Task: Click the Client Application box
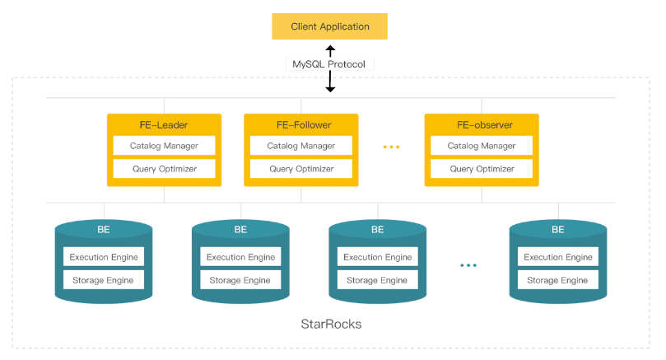[329, 26]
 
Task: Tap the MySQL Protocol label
[330, 64]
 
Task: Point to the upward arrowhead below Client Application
[330, 49]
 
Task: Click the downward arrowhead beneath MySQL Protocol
[330, 88]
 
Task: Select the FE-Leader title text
[163, 125]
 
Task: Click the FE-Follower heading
[300, 125]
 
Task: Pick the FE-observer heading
[481, 125]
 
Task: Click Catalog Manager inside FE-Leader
[163, 146]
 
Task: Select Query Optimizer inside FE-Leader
[163, 169]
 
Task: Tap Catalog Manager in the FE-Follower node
[300, 146]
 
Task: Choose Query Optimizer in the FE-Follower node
[300, 169]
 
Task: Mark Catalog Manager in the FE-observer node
[481, 146]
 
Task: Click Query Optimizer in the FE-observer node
[481, 169]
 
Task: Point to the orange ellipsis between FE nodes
[391, 147]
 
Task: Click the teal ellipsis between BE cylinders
[468, 265]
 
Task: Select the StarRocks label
[331, 324]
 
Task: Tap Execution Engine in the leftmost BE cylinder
[104, 257]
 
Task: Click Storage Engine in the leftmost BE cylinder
[104, 280]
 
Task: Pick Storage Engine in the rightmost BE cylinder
[557, 280]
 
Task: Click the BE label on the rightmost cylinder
[557, 230]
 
